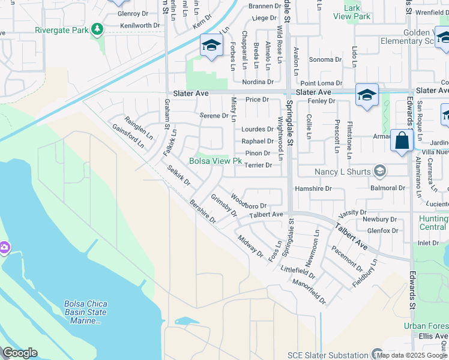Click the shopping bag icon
400,142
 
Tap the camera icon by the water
3,247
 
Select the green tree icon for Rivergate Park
97,29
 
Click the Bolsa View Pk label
215,161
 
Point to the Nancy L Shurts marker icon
379,172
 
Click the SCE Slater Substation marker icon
377,354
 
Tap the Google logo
20,353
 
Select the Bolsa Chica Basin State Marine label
85,312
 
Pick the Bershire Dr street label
203,211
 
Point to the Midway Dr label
250,245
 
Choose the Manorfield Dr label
309,291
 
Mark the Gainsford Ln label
128,136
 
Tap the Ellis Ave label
433,336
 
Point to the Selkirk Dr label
178,175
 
